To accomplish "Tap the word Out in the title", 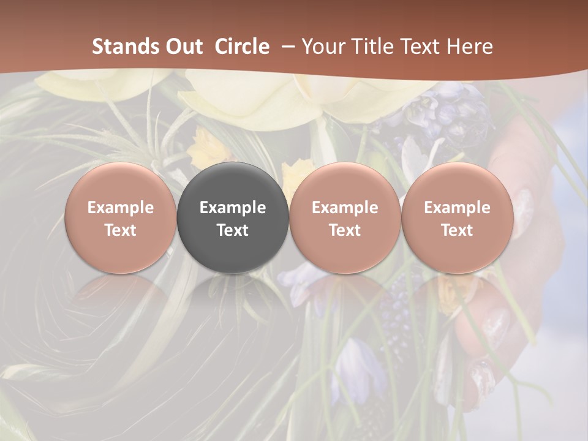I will click(x=183, y=47).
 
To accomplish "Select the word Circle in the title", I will click(x=242, y=47).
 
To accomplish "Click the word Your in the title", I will click(x=322, y=47).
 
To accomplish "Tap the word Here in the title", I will click(x=469, y=47).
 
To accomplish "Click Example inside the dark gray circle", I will click(x=233, y=208).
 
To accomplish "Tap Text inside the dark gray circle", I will click(x=233, y=230).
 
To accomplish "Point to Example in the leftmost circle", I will click(x=121, y=208).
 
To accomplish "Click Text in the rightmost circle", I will click(x=457, y=230).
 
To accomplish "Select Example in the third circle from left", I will click(x=345, y=208).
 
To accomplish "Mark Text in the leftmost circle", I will click(x=121, y=230).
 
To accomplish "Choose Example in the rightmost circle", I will click(x=457, y=208).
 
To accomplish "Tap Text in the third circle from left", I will click(x=345, y=230).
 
